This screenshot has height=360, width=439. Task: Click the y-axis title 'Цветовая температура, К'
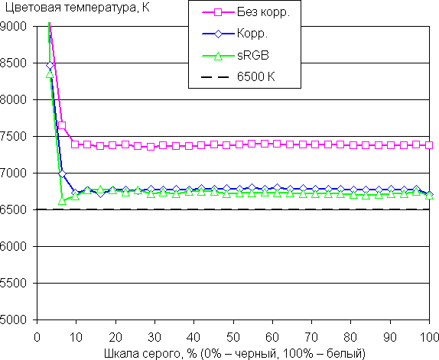tap(77, 8)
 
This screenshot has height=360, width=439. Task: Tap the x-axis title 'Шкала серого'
tap(142, 353)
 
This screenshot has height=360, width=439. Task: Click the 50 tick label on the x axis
tap(233, 337)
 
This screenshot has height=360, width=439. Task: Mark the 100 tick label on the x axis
tap(428, 337)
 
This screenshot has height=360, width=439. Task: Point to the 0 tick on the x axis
tap(37, 337)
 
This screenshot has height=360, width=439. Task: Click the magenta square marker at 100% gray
tap(429, 145)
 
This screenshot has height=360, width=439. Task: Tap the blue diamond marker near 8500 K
tap(50, 66)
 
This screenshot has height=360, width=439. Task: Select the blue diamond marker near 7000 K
tap(62, 174)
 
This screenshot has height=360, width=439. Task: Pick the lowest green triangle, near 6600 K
tap(62, 200)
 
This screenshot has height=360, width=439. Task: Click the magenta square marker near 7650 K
tap(62, 125)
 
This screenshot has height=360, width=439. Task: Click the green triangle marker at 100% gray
tap(429, 196)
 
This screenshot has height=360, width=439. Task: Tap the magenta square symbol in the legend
tap(218, 12)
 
